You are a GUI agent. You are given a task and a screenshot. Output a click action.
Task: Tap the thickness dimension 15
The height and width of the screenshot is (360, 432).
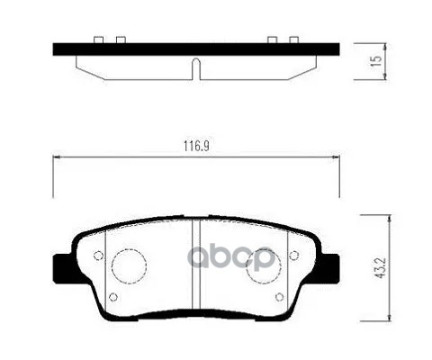point(379,62)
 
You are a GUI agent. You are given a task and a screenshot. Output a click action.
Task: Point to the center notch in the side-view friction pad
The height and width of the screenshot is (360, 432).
point(196,67)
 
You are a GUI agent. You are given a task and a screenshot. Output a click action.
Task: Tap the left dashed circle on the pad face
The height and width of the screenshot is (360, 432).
point(127,263)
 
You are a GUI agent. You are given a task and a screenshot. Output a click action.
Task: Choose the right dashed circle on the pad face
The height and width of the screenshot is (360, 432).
point(265,263)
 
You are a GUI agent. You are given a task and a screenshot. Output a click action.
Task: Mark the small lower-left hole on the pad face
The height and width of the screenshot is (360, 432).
point(112,296)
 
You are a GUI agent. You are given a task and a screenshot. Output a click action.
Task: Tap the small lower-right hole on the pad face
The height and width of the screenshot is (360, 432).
point(281,296)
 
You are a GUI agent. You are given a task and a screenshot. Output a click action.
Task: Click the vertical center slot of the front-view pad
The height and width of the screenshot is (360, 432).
point(196,265)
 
